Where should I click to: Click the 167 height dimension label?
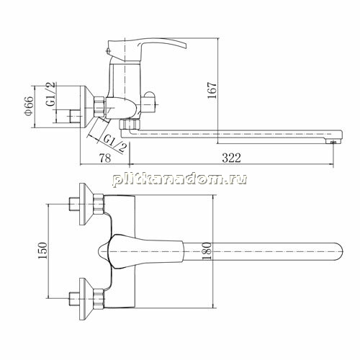(212, 90)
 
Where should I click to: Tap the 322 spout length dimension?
(231, 158)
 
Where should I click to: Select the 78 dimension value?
(105, 158)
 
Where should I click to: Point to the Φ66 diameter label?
(29, 106)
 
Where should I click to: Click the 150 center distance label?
(43, 251)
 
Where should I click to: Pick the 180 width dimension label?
(207, 251)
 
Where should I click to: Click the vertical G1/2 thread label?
(50, 94)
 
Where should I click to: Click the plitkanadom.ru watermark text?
(179, 179)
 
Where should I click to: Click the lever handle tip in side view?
(184, 45)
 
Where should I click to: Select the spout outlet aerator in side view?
(333, 143)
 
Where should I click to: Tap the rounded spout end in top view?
(339, 251)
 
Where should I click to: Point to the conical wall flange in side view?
(86, 107)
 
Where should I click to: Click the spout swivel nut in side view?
(130, 125)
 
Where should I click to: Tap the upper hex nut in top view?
(99, 204)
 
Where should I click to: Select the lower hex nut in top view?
(99, 299)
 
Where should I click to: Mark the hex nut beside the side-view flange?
(99, 107)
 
